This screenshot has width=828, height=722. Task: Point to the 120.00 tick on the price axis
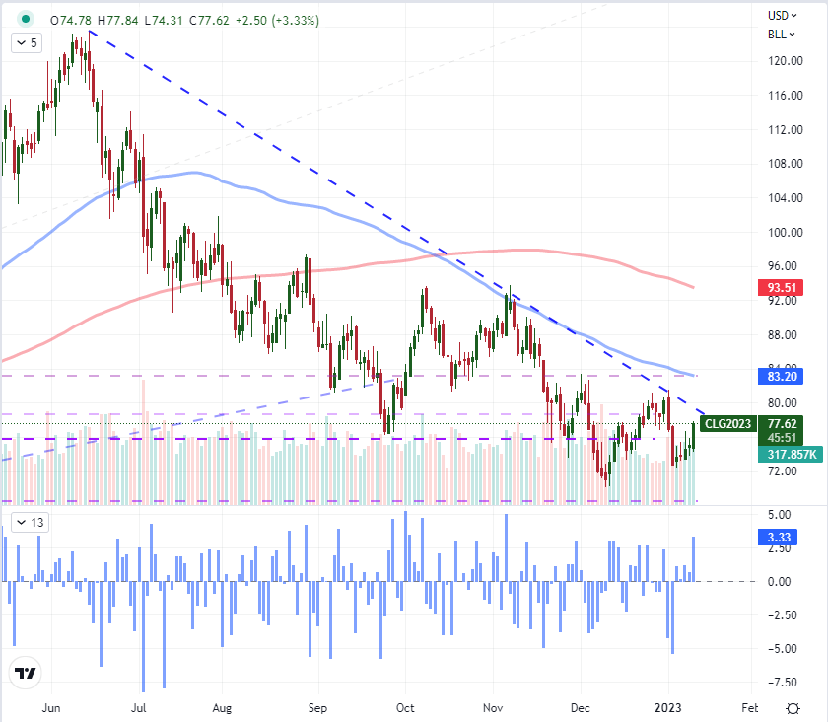click(x=783, y=61)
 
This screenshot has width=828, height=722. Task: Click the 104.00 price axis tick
click(x=783, y=198)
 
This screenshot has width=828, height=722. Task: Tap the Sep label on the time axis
click(x=316, y=707)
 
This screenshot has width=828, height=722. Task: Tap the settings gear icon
click(x=793, y=707)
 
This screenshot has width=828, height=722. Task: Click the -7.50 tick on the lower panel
click(x=783, y=682)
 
